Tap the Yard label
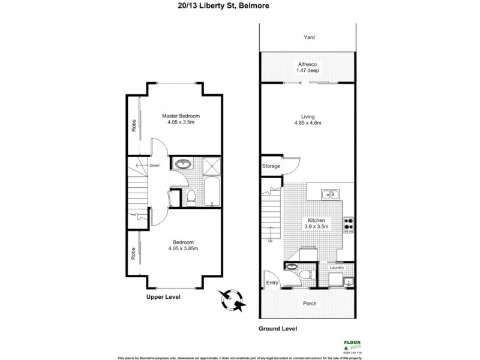[309, 37]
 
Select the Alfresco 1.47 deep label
[307, 67]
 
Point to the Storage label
[271, 166]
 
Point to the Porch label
[309, 304]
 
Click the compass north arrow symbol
[232, 299]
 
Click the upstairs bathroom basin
[181, 164]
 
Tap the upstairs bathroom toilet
[190, 196]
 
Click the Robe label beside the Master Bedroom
[134, 124]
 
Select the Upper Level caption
[163, 297]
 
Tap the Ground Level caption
[278, 329]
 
